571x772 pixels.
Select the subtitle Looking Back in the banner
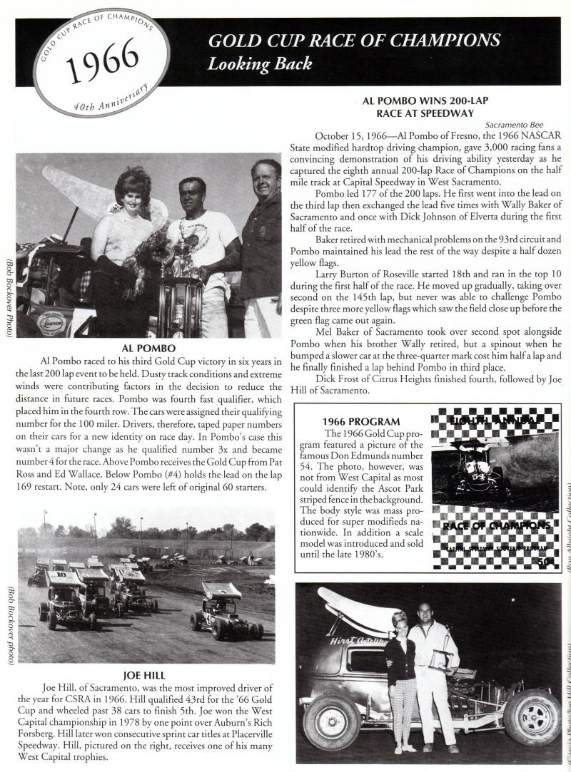click(260, 64)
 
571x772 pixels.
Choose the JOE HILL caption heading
click(146, 674)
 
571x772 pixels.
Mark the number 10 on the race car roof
click(61, 574)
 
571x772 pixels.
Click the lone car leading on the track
click(225, 612)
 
